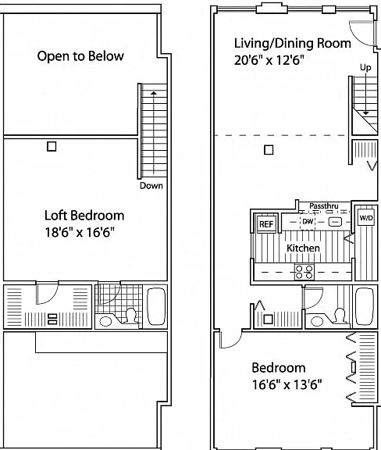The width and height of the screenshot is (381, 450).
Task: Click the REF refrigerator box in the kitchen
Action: tap(266, 223)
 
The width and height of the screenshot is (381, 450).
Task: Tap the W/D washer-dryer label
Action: tap(366, 218)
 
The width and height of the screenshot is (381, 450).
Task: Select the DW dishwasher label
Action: tap(308, 221)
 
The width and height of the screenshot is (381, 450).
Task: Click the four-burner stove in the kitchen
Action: tap(304, 272)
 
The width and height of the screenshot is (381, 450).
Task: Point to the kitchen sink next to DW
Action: tap(334, 222)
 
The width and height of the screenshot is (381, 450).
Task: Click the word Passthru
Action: tap(324, 206)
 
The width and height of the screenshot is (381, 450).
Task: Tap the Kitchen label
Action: tap(303, 248)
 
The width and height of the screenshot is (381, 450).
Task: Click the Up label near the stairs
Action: tap(365, 67)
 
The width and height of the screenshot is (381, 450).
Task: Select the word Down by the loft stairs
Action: tap(151, 186)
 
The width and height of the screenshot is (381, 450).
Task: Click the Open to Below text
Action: tap(80, 56)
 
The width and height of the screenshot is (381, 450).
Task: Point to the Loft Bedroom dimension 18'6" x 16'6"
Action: tap(80, 232)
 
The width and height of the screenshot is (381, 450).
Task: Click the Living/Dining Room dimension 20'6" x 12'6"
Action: tap(269, 60)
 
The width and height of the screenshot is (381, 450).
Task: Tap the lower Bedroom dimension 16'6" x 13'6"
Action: tap(287, 384)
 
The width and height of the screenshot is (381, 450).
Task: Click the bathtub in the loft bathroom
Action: tap(156, 306)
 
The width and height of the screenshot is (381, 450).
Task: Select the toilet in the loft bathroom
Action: tap(131, 316)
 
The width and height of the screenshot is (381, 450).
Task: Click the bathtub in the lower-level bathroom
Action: tap(365, 306)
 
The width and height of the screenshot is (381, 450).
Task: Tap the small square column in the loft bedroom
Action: tap(52, 146)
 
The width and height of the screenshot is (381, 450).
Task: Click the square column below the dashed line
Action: tap(269, 150)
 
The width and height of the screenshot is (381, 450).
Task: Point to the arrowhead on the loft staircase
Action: tap(154, 93)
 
